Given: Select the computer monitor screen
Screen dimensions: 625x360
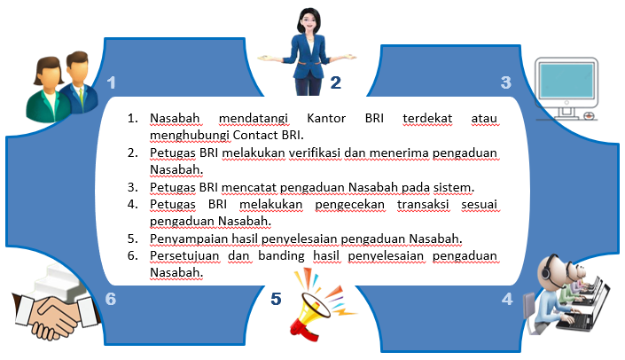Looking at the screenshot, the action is [566, 81].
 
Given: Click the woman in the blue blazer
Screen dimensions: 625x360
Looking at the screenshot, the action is [308, 51].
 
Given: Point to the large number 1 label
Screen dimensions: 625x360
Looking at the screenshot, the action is [111, 83].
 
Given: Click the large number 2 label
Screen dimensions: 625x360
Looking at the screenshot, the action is [336, 83].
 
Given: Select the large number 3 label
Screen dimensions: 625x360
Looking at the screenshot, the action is [506, 83].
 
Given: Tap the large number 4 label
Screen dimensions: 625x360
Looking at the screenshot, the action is [507, 299].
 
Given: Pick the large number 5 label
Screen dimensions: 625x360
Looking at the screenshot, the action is [276, 299].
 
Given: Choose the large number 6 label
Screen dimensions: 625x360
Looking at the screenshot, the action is [111, 299].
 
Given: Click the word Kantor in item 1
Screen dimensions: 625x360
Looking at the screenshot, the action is [326, 119].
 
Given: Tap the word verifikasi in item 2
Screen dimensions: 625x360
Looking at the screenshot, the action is [315, 153].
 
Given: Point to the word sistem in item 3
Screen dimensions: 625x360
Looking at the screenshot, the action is [454, 187].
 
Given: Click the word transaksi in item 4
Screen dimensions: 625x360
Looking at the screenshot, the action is [423, 204].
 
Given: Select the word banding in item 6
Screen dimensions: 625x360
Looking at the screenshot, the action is [281, 256].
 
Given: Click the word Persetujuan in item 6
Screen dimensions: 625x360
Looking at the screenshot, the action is [184, 256].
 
